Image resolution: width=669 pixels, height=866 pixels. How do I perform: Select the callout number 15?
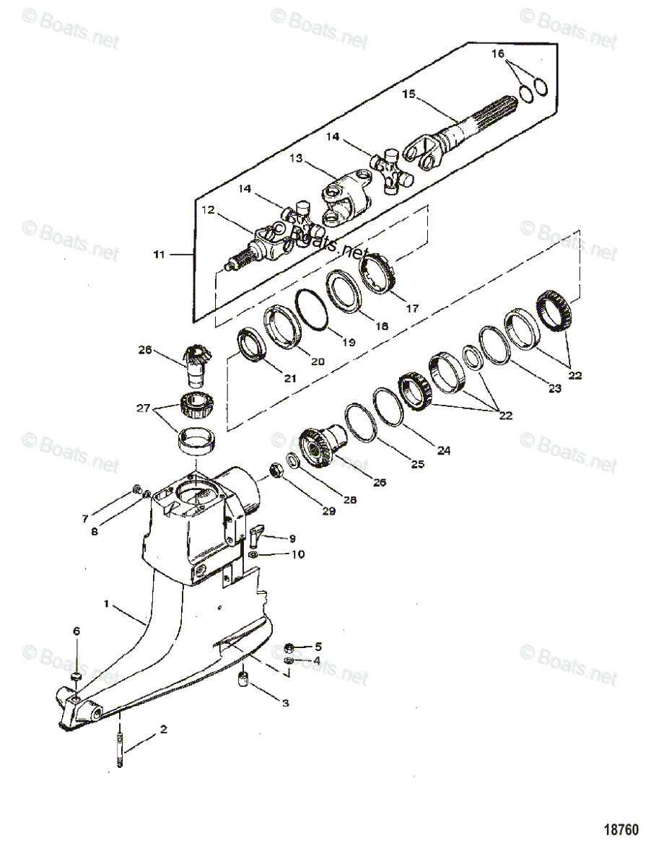[409, 94]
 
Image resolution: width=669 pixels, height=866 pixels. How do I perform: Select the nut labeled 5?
[289, 647]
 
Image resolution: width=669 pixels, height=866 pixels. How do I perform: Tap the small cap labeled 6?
[76, 675]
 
